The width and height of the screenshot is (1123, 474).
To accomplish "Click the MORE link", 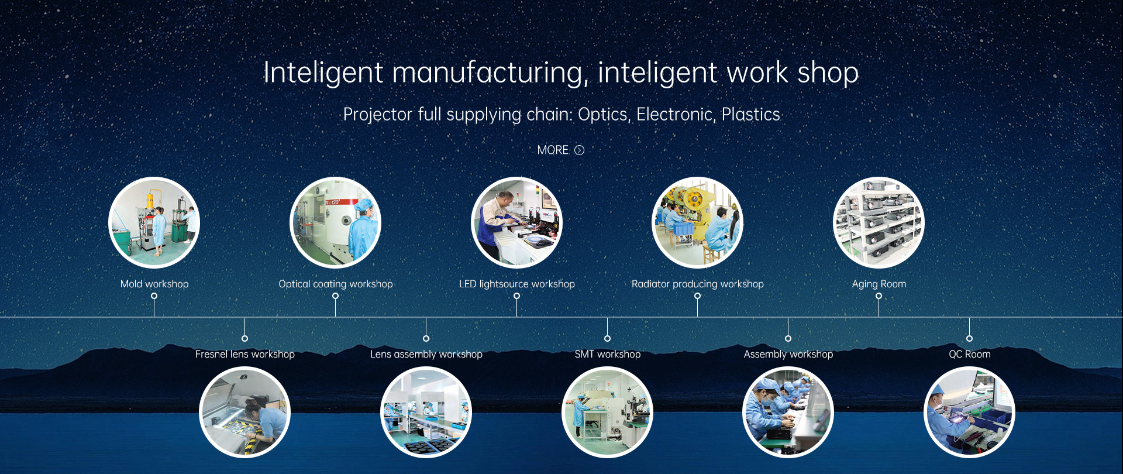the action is [553, 150].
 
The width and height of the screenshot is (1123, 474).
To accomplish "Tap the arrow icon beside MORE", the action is [579, 150].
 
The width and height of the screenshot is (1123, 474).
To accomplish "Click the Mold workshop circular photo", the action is [154, 222].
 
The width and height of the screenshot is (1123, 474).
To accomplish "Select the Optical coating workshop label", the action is [336, 284].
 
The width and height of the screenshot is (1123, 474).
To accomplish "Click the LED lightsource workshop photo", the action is [516, 222].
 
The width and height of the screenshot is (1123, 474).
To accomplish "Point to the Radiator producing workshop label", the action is [698, 284].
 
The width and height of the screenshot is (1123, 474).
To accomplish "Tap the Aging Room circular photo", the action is [879, 222].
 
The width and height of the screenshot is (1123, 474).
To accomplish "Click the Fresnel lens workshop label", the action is [245, 354].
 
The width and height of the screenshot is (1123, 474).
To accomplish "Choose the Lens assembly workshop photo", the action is [426, 412].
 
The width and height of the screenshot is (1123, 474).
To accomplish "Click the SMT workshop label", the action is [607, 354].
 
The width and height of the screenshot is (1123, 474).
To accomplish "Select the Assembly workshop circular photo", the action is [788, 412].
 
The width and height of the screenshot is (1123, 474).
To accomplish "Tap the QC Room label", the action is [969, 354].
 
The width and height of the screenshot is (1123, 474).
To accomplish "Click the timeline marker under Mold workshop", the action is [154, 296].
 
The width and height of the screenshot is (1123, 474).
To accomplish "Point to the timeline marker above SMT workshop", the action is [607, 338].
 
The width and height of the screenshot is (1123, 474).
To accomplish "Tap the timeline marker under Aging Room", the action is [879, 296].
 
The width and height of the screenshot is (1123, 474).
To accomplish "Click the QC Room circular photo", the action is [969, 412].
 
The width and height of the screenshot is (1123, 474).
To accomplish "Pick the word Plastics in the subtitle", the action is [751, 114].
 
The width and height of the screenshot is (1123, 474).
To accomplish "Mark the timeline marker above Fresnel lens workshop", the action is [245, 338].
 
